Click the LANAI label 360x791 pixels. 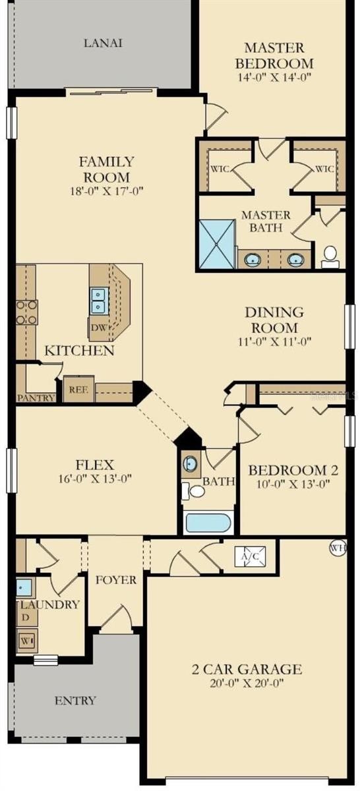[103, 43]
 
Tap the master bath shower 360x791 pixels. [217, 244]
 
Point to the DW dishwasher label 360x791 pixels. [100, 328]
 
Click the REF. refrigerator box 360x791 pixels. [78, 389]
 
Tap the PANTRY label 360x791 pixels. [36, 397]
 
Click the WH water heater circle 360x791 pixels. [338, 548]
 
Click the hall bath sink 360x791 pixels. [191, 463]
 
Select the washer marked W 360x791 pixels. [27, 639]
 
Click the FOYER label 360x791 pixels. [116, 579]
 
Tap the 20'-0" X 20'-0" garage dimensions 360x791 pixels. [247, 683]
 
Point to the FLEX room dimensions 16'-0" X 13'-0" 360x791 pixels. [95, 479]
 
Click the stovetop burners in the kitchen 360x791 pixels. [27, 312]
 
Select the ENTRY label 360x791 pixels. [75, 700]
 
